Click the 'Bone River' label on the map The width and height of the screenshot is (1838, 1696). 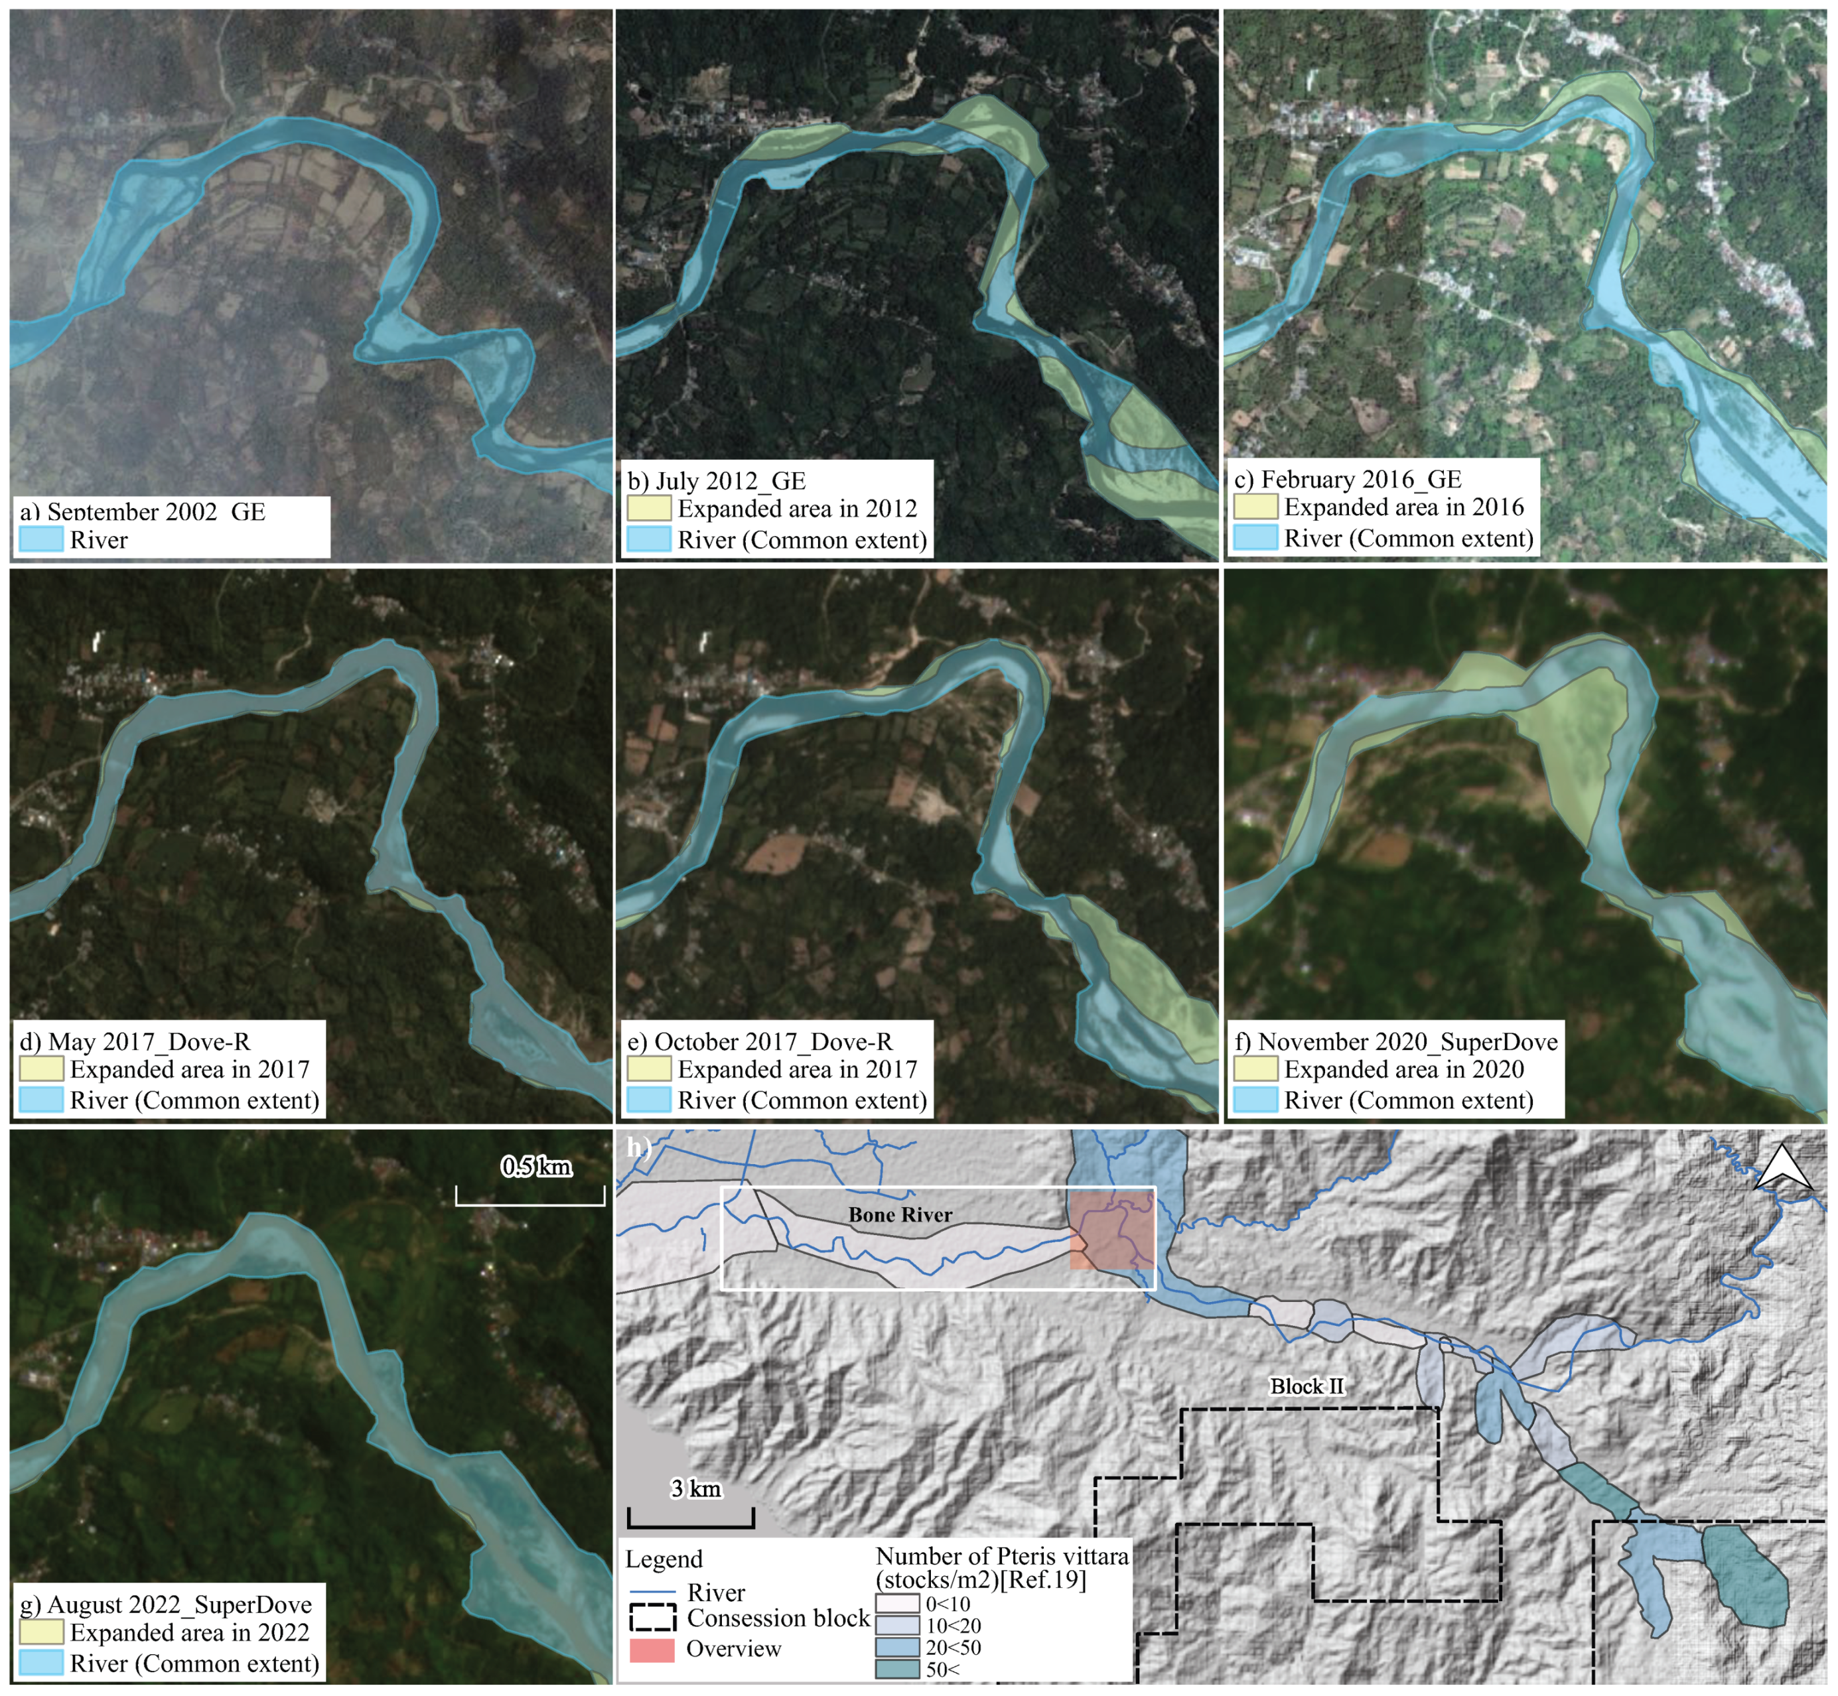(900, 1215)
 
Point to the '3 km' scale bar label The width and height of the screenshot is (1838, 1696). (695, 1488)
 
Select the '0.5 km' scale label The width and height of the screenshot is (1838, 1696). (536, 1167)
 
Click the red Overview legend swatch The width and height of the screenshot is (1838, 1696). (651, 1649)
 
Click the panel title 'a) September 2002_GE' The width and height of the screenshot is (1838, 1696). (142, 511)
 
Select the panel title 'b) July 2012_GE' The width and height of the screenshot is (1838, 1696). (716, 481)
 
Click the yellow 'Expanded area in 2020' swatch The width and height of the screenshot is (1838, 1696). (1254, 1069)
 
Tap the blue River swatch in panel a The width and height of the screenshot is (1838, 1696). (40, 540)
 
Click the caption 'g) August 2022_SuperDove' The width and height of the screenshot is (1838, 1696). (165, 1604)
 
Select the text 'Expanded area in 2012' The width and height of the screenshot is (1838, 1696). (797, 509)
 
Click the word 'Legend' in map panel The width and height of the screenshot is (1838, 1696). (664, 1559)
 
